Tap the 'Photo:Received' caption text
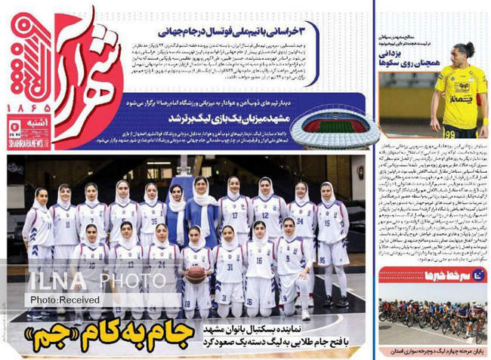[60, 300]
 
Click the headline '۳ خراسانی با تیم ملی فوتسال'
[241, 32]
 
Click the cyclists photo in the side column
[433, 316]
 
